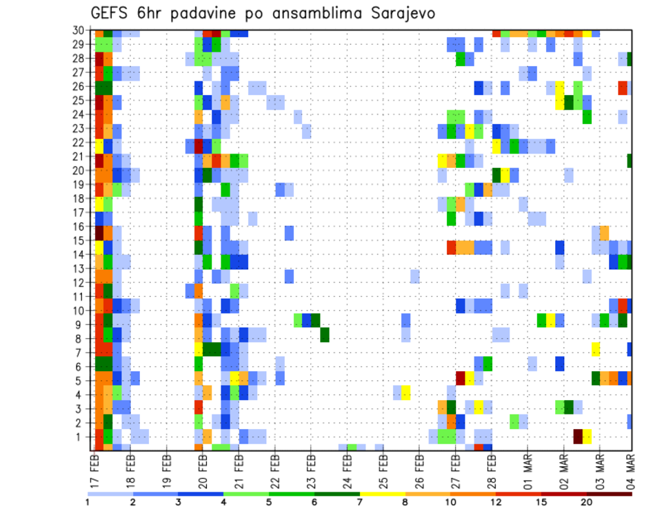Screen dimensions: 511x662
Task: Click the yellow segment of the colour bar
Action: coord(383,494)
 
